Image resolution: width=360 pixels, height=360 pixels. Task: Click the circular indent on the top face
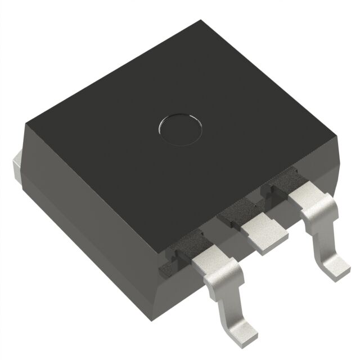[x=179, y=128]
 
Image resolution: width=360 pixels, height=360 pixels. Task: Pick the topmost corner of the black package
[x=201, y=22]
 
